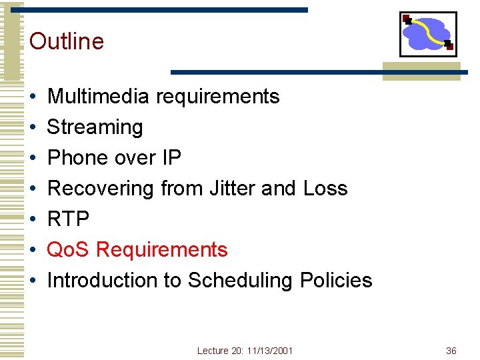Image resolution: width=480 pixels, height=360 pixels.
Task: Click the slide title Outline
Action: (67, 41)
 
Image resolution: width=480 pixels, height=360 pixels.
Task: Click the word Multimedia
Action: (98, 97)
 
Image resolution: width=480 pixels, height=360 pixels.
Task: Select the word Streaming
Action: (95, 127)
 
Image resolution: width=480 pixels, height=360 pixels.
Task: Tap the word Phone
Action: (78, 158)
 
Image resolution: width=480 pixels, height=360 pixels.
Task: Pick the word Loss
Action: (325, 189)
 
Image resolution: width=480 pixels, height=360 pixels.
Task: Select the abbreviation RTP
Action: (68, 219)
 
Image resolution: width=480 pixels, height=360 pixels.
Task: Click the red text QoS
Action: (69, 250)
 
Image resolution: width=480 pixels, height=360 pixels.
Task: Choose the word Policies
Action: (336, 281)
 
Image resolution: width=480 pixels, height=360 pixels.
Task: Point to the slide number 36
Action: (451, 351)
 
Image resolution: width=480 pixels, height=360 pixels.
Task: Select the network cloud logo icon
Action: (427, 34)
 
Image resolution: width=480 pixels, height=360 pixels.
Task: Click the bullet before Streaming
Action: (33, 128)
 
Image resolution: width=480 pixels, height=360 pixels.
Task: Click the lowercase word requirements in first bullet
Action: (217, 97)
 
